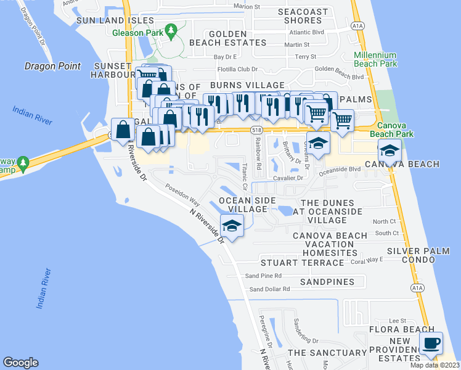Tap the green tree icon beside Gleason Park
(x=173, y=29)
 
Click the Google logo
(x=21, y=363)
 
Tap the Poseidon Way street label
(x=182, y=194)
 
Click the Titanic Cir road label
(x=245, y=176)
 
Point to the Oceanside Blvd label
(x=340, y=169)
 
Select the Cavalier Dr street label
(x=288, y=178)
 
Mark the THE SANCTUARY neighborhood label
(x=327, y=353)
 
